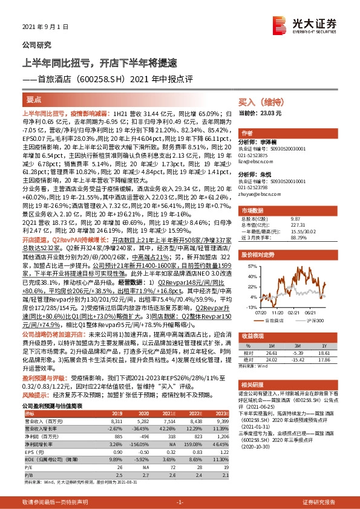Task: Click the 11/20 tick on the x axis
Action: (x=278, y=313)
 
